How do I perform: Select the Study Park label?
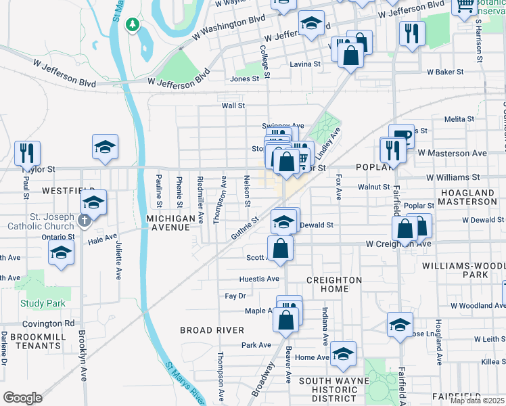[x=43, y=303]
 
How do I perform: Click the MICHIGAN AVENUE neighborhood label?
[x=170, y=223]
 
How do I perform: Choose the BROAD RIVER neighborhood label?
[x=212, y=330]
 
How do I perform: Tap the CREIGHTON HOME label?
[x=333, y=284]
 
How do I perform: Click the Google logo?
[x=22, y=398]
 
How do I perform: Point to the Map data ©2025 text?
[x=478, y=401]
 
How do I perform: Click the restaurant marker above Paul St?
[x=27, y=153]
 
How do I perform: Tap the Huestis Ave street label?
[x=259, y=279]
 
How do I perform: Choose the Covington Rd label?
[x=51, y=323]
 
